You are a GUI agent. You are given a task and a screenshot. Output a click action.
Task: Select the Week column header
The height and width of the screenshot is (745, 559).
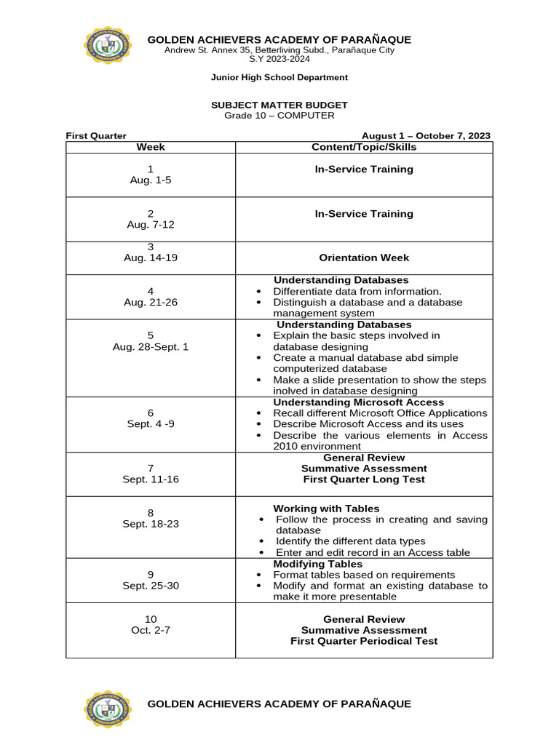(151, 147)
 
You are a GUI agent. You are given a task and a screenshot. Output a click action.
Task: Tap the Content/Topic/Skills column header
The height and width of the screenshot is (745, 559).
(364, 147)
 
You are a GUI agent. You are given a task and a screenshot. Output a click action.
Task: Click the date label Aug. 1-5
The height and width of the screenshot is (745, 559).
(150, 180)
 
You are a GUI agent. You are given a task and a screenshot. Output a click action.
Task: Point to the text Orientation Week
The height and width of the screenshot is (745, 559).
(364, 258)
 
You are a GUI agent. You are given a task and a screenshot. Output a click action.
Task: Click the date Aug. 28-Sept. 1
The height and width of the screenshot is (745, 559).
(151, 347)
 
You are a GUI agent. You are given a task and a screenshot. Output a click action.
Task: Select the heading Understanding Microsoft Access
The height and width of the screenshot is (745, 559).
(358, 402)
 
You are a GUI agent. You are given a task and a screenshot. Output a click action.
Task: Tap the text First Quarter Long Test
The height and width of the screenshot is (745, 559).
(364, 479)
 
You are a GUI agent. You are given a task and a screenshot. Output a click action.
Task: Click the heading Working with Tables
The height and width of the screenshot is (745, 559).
(326, 509)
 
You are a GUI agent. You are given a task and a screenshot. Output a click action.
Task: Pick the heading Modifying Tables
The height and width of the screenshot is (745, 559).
(317, 564)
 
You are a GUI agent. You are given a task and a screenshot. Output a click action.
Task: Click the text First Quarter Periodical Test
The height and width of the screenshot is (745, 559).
(364, 641)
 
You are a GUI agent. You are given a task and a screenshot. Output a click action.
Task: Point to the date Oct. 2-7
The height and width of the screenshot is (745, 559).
(151, 630)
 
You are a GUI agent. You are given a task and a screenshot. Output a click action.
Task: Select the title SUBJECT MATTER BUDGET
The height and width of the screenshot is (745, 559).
(279, 105)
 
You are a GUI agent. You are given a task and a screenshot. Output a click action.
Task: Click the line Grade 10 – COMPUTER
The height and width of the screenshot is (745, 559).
(279, 116)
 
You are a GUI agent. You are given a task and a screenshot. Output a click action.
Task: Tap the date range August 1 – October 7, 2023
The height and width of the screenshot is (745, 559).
(426, 135)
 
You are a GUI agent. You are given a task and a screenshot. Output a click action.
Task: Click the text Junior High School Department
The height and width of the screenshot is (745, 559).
(279, 77)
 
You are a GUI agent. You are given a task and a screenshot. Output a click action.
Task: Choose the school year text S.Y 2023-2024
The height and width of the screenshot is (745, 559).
(279, 59)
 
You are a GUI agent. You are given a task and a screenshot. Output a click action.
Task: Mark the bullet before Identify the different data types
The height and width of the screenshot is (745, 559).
(261, 542)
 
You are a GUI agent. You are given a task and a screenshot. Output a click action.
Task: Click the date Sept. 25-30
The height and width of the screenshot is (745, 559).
(151, 586)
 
